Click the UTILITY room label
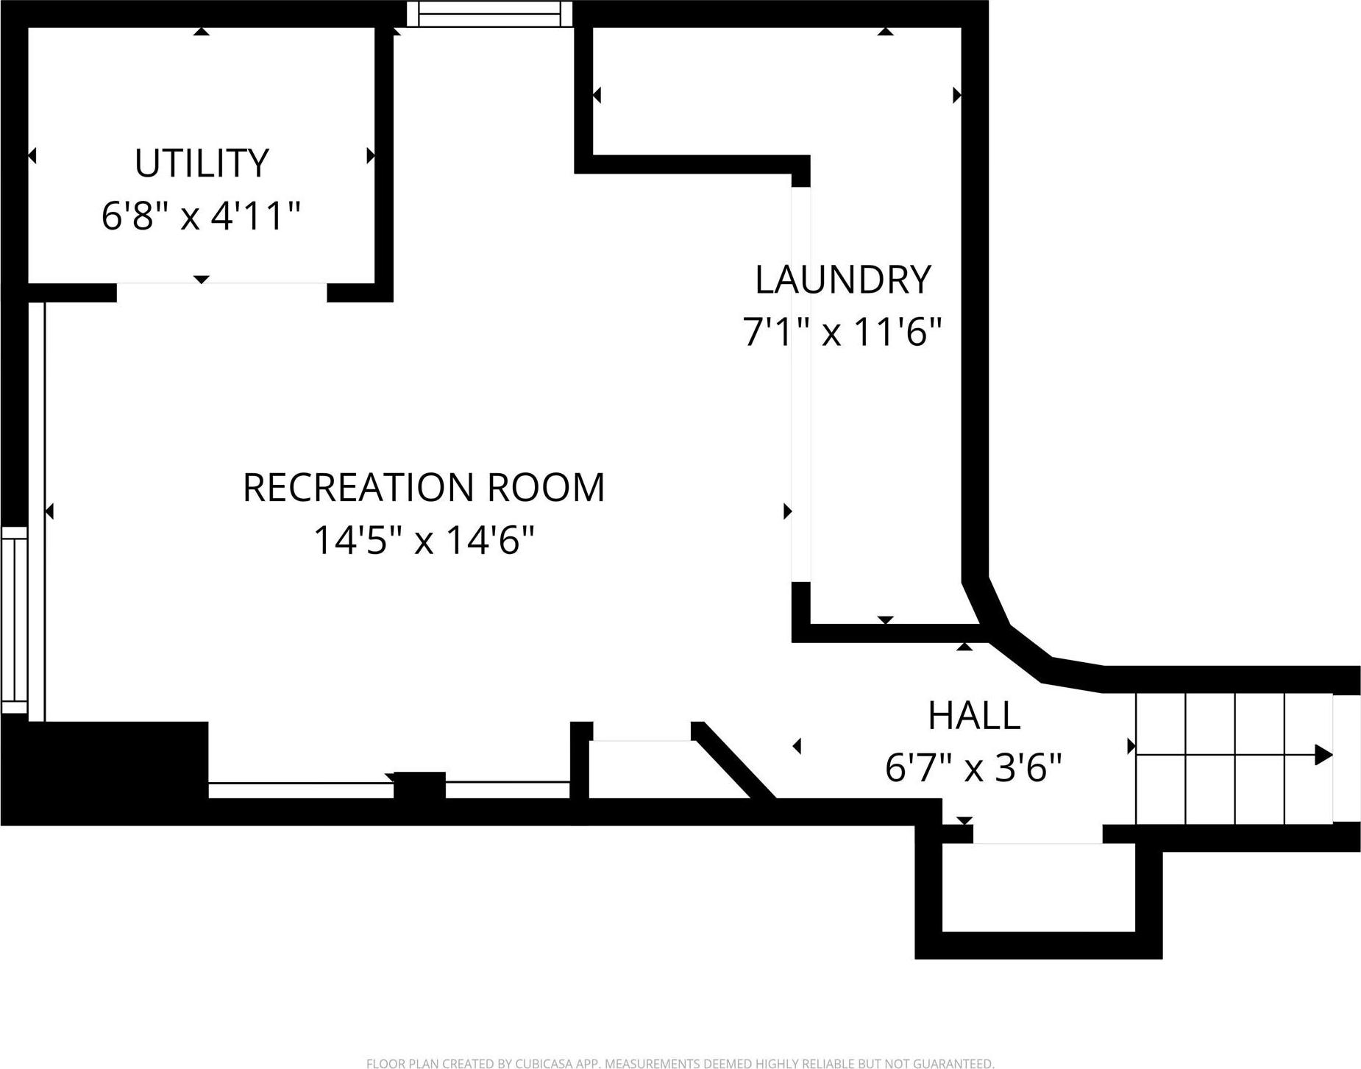pos(202,163)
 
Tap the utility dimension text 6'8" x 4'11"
pos(201,216)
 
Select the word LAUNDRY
pos(842,280)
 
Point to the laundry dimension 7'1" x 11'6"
pos(842,333)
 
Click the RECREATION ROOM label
pos(424,488)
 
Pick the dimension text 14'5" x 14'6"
pos(424,541)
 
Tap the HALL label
pos(973,716)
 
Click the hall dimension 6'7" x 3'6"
pos(973,769)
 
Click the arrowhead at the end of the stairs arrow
pos(1323,755)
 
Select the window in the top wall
pos(489,14)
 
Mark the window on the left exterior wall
pos(14,619)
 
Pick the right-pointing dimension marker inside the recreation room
pos(786,511)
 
